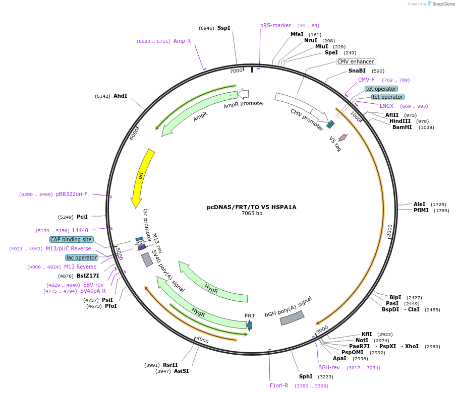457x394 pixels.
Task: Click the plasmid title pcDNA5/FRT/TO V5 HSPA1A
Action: tap(251, 207)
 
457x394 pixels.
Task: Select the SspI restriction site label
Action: tap(223, 28)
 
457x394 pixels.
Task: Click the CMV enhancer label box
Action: tap(356, 62)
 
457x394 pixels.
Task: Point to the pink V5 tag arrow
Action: tap(342, 137)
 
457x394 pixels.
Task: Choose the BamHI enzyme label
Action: tap(402, 127)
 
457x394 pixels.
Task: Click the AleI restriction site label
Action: tap(419, 205)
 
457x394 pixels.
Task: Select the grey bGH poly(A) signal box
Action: tap(292, 318)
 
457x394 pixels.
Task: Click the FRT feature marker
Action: tap(249, 325)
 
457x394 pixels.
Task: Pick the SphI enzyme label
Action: tap(306, 376)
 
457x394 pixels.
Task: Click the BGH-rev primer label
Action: tap(329, 368)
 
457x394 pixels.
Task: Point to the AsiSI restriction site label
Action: tap(181, 371)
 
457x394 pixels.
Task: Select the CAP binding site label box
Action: tap(71, 240)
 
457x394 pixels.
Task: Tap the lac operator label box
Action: tap(81, 258)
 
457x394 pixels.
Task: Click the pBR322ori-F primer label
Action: tap(72, 194)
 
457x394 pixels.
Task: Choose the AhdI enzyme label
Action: tap(120, 96)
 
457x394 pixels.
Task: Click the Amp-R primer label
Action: tap(182, 41)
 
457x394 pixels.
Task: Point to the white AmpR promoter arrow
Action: tap(243, 93)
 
